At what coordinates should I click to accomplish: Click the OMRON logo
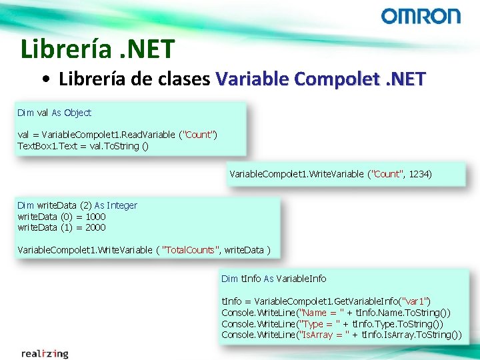click(420, 16)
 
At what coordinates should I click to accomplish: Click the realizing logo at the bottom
click(45, 353)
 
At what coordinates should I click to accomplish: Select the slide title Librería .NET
click(97, 49)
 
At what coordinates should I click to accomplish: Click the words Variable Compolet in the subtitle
click(287, 79)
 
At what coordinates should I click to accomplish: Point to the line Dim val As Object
click(55, 113)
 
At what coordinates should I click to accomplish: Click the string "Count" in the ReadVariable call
click(198, 135)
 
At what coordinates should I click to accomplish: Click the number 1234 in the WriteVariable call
click(420, 174)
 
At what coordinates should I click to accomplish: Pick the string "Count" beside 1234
click(388, 174)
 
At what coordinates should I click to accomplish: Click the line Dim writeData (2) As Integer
click(77, 205)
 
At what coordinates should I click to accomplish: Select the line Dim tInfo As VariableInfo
click(273, 278)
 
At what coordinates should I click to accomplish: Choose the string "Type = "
click(321, 323)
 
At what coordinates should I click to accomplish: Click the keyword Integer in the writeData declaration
click(122, 205)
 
